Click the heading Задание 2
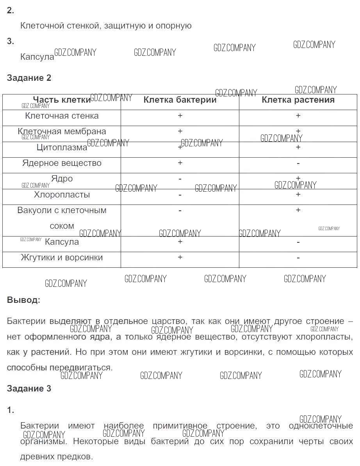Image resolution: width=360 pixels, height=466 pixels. [29, 78]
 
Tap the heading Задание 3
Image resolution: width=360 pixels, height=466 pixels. [29, 388]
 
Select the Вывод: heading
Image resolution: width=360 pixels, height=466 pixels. [23, 300]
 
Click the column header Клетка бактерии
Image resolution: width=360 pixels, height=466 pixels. [180, 100]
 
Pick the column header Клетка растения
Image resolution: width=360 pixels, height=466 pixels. [298, 100]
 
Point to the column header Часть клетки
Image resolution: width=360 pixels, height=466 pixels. [62, 100]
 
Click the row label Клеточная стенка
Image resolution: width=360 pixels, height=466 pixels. [62, 116]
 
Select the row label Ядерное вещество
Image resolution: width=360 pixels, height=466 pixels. [62, 163]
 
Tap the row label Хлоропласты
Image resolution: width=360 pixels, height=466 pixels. [62, 194]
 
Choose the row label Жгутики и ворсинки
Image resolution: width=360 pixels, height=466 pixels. [62, 257]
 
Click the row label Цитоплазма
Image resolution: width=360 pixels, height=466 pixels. [62, 147]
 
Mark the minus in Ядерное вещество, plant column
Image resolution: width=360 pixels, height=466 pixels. [298, 163]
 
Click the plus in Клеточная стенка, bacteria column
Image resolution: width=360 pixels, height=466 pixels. [180, 116]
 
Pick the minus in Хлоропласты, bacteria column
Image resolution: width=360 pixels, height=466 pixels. [180, 194]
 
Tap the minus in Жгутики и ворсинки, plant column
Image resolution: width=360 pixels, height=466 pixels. [298, 258]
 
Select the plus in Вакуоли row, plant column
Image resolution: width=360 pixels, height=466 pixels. [298, 210]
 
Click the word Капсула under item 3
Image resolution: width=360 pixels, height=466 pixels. [37, 57]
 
